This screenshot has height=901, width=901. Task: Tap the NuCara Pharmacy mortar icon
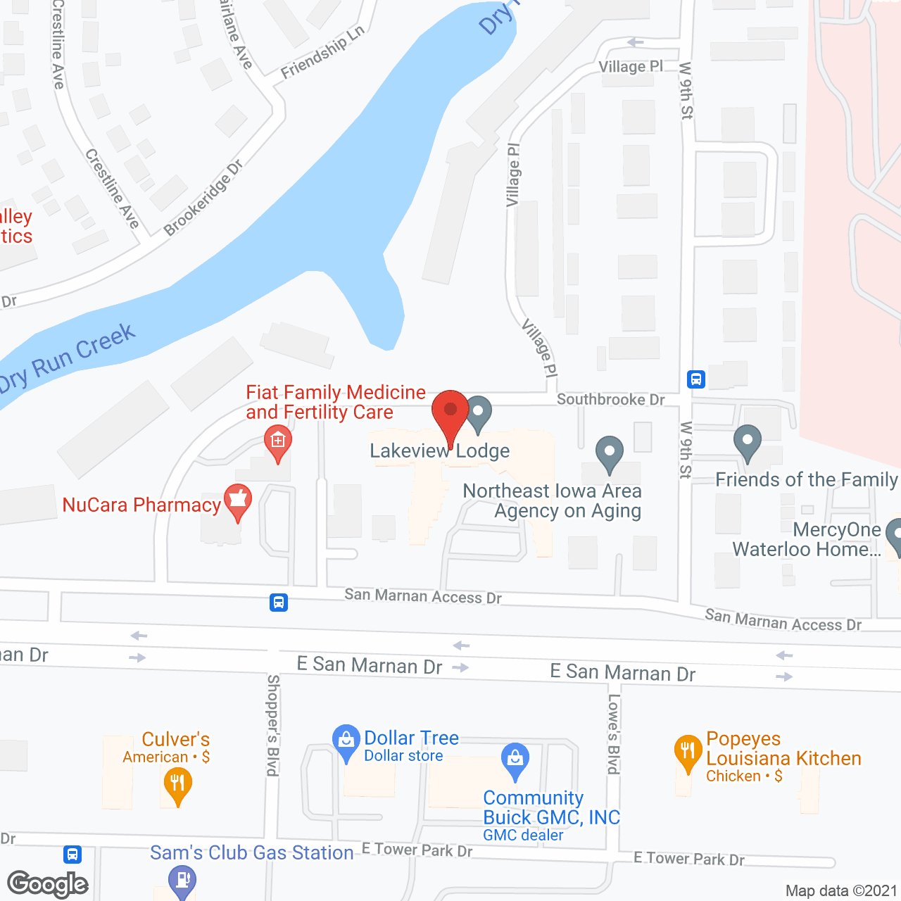click(238, 500)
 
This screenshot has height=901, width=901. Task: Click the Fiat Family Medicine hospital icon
click(278, 442)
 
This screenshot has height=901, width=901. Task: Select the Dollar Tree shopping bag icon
click(346, 741)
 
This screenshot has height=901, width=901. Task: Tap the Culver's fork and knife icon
click(177, 783)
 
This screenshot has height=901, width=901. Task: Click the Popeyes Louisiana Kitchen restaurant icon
click(688, 751)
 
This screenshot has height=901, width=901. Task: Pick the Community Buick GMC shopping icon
click(515, 759)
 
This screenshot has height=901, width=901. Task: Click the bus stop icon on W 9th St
click(696, 379)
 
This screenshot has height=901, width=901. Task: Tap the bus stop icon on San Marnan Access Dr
click(279, 603)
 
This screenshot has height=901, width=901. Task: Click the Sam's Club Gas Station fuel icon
click(182, 879)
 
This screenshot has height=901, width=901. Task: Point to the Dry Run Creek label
click(68, 358)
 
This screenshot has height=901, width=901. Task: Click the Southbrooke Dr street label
click(610, 400)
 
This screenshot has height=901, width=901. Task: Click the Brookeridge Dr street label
click(203, 198)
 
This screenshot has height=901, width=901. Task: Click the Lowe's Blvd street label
click(614, 733)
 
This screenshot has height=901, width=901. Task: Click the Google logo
click(47, 884)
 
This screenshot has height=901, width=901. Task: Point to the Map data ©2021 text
click(841, 891)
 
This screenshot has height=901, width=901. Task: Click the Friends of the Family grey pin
click(748, 442)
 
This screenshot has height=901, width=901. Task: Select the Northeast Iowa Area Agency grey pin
click(610, 453)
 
